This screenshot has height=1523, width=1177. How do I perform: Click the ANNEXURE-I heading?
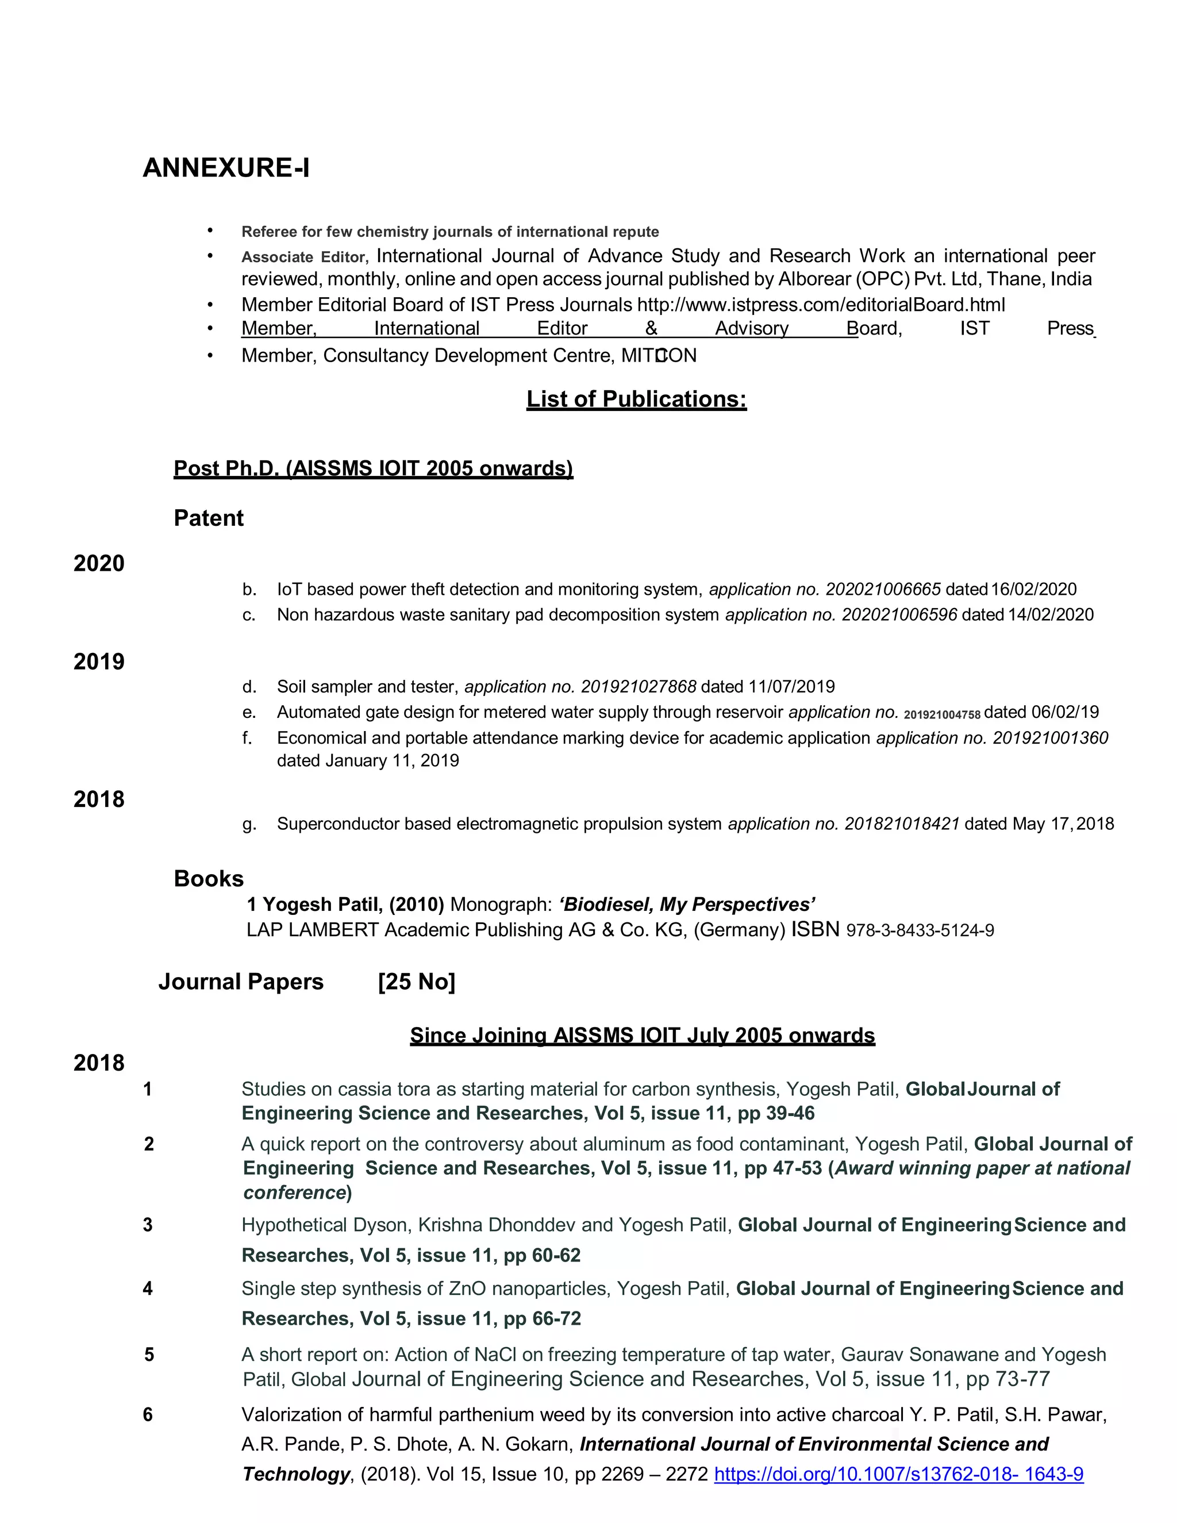click(x=226, y=168)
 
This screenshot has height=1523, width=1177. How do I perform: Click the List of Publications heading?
click(x=636, y=399)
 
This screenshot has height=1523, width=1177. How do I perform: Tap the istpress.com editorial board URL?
click(x=821, y=305)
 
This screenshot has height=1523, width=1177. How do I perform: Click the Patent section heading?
click(x=209, y=518)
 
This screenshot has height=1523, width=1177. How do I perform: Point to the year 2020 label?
click(x=99, y=563)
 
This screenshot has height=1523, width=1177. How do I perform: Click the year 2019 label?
click(x=99, y=661)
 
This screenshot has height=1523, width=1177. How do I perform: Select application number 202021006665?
click(x=883, y=589)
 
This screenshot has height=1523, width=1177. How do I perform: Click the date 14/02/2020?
click(x=1050, y=614)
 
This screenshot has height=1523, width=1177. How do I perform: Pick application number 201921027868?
click(x=638, y=687)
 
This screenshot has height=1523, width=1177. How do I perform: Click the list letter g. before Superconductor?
click(x=249, y=824)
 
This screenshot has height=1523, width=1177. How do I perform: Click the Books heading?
click(x=209, y=879)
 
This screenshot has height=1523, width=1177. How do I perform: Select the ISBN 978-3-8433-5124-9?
click(x=920, y=930)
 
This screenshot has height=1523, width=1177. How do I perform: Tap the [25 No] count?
click(x=416, y=982)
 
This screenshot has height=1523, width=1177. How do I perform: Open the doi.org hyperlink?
click(x=898, y=1474)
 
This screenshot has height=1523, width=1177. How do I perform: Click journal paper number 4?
click(x=148, y=1289)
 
